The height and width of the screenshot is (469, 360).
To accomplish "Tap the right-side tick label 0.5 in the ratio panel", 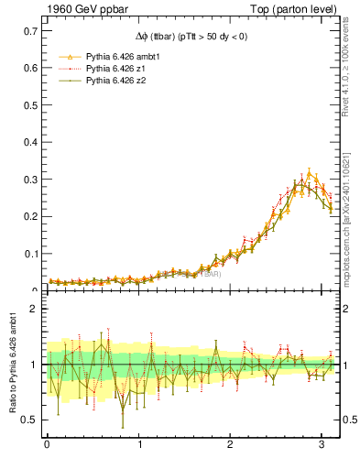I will [x=349, y=420].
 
